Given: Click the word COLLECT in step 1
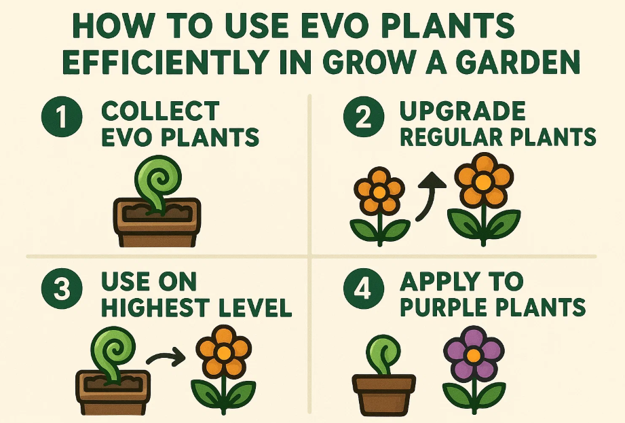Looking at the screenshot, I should pyautogui.click(x=160, y=111).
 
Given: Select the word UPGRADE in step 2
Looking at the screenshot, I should pyautogui.click(x=463, y=111).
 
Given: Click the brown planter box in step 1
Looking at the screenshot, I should pyautogui.click(x=156, y=223).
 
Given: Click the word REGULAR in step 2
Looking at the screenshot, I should pyautogui.click(x=449, y=137).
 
